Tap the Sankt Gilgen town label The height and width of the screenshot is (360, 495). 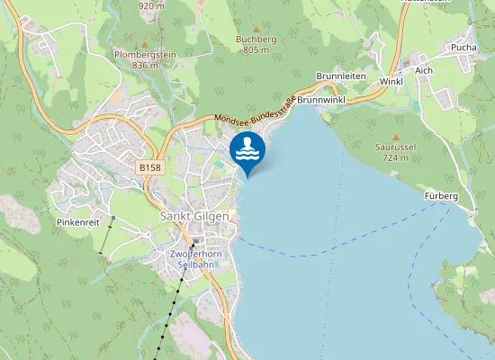click(194, 217)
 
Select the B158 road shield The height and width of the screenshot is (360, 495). click(150, 167)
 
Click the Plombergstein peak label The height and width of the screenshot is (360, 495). click(144, 54)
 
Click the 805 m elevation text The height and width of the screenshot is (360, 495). click(256, 50)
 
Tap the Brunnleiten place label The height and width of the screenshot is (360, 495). click(341, 77)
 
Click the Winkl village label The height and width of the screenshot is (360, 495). click(391, 82)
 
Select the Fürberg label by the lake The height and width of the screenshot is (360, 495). click(440, 196)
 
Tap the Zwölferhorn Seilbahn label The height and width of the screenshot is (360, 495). click(195, 260)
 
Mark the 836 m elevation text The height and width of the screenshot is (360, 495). click(145, 65)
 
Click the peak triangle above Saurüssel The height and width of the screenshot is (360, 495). click(395, 135)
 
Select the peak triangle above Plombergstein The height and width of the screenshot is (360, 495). click(145, 42)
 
